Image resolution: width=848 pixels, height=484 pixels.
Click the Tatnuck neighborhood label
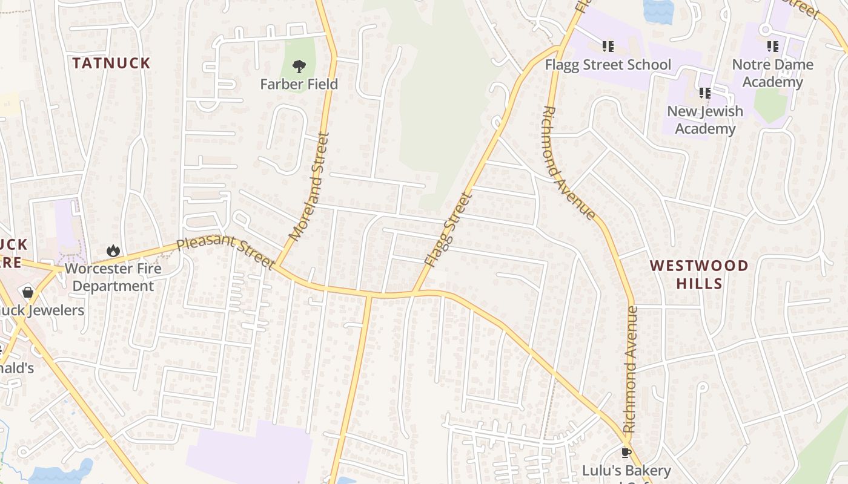coord(111,63)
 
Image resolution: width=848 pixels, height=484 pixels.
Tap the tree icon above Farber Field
coord(299,67)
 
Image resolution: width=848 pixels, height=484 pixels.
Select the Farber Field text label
coord(299,84)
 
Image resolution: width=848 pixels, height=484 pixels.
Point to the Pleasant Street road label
coord(225,253)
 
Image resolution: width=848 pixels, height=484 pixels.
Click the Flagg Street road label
coord(448,230)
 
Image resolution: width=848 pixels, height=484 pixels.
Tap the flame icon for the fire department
coord(113,250)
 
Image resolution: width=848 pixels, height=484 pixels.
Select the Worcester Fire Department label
coord(113,277)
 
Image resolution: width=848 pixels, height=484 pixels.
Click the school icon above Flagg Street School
coord(608,47)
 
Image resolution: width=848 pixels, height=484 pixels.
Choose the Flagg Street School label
coord(608,65)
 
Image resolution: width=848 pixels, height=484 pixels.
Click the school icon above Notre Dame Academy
coord(772,46)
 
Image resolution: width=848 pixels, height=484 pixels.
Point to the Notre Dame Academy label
coord(772,73)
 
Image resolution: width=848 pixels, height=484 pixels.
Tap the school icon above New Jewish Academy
coord(704,93)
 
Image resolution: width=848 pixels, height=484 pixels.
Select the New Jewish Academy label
coord(704,120)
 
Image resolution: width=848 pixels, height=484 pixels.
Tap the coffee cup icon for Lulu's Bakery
coord(626,453)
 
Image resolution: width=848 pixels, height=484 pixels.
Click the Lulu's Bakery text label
coord(626,471)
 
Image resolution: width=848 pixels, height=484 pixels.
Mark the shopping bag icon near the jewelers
coord(27,293)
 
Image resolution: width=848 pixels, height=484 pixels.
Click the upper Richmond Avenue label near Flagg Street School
coord(568,162)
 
